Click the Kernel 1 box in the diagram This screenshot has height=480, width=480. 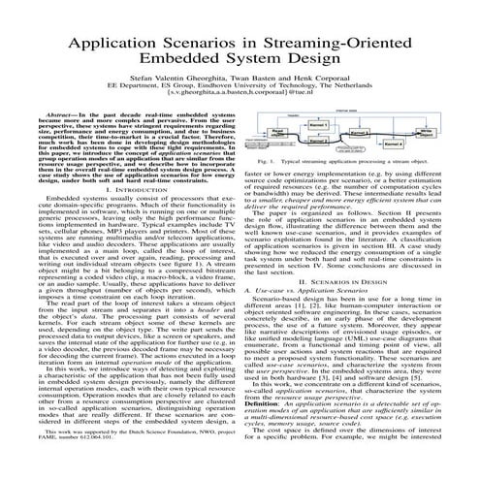pos(319,124)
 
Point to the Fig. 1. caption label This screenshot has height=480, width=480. pos(265,161)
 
